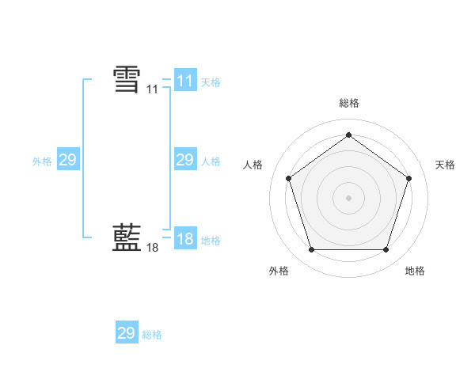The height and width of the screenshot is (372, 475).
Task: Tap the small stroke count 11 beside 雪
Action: [x=153, y=90]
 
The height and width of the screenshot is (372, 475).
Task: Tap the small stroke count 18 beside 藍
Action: [x=153, y=248]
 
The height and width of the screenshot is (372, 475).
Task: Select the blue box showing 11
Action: [x=185, y=81]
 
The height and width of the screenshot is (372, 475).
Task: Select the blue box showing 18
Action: [x=185, y=239]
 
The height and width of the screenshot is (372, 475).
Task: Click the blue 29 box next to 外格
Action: [x=68, y=161]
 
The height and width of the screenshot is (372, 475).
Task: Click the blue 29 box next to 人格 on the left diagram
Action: [x=185, y=161]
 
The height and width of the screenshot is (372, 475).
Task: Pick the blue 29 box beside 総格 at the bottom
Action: [x=127, y=333]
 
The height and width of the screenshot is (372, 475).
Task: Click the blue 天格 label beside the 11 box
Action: [x=211, y=82]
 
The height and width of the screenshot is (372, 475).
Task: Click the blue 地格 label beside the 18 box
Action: [x=211, y=240]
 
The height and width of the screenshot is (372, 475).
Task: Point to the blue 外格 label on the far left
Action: [x=42, y=161]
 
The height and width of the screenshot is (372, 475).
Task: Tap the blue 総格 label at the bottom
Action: [x=152, y=335]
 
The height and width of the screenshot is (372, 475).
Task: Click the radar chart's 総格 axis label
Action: [x=348, y=103]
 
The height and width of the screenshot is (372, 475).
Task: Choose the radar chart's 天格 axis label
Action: [x=445, y=165]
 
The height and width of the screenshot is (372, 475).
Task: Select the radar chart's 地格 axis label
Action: [x=415, y=271]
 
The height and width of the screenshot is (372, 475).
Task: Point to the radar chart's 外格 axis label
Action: [x=279, y=271]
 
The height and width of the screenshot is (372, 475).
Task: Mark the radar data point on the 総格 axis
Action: [x=348, y=135]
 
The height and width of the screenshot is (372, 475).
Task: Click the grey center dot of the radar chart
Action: [x=348, y=197]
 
